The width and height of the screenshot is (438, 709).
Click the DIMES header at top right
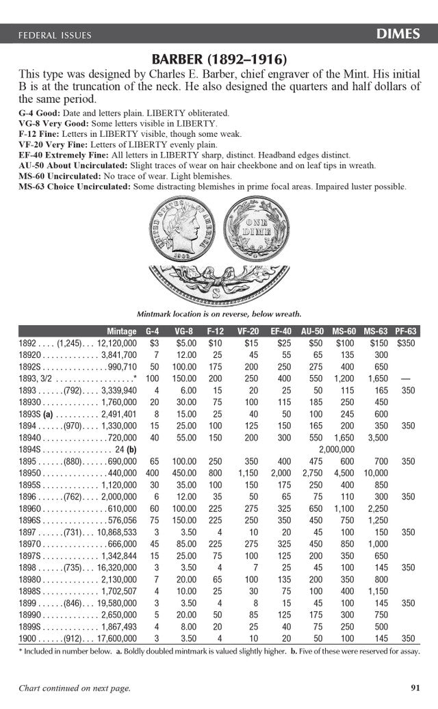coord(398,34)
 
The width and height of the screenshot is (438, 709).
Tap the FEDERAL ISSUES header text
coord(54,35)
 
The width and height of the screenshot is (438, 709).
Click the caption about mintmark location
coord(219,314)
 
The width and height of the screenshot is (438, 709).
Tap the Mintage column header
coord(122,331)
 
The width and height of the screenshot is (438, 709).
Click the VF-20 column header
coord(248,331)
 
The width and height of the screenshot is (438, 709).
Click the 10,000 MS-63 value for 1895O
coord(372,474)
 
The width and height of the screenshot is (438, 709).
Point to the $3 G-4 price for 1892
coord(154,343)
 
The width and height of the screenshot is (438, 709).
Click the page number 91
coord(415,688)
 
